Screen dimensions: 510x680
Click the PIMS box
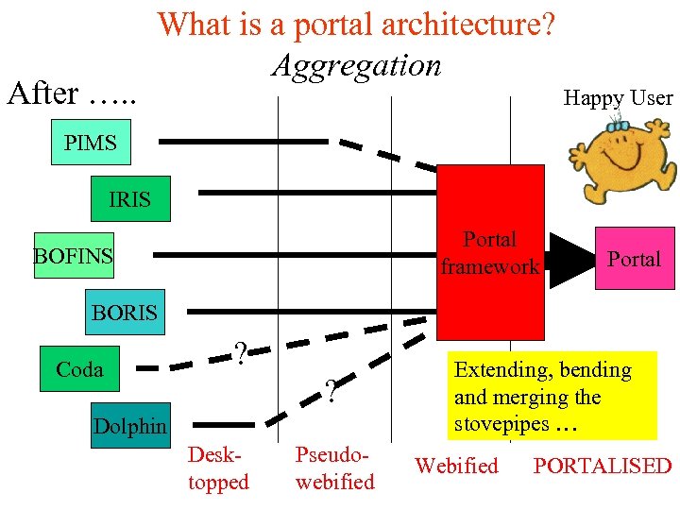[91, 144]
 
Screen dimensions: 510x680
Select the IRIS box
[130, 198]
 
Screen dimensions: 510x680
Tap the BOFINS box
[73, 255]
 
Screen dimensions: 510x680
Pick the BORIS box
[124, 312]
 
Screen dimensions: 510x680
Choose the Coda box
[79, 368]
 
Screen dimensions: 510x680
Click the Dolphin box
[129, 425]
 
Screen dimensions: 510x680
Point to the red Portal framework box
[490, 252]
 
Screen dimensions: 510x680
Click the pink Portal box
[634, 258]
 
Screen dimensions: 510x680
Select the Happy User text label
[618, 97]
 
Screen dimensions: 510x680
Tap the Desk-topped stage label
[218, 467]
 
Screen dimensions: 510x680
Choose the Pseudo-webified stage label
[334, 467]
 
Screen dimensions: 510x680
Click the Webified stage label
[456, 466]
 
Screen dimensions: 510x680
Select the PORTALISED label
[603, 466]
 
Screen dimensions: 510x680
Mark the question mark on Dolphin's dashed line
[331, 390]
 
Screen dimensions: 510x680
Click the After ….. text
[72, 93]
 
